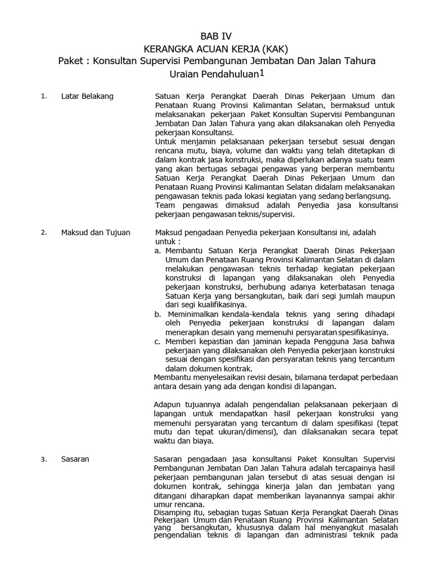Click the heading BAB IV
pos(216,36)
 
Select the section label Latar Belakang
pos(87,96)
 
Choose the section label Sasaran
pos(75,459)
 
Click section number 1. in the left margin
pos(43,96)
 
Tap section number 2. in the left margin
pos(43,232)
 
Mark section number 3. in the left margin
pos(43,459)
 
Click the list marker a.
pos(157,250)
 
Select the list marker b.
pos(157,314)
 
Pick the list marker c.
pos(157,341)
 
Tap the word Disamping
pos(172,513)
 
